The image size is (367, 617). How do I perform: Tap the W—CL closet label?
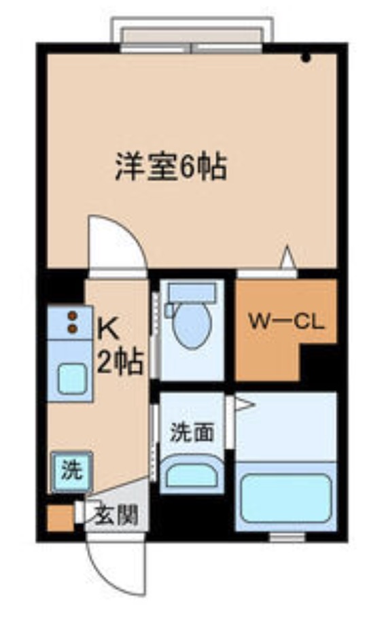click(285, 321)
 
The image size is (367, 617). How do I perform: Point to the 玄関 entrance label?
click(116, 514)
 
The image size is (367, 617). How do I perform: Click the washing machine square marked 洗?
click(70, 471)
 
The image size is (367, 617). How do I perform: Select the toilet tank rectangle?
click(191, 293)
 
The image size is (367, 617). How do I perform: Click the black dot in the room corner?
click(306, 58)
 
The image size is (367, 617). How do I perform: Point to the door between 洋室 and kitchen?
click(116, 245)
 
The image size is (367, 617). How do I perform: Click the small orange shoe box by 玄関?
click(59, 518)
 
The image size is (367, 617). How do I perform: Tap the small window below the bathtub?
click(286, 537)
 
